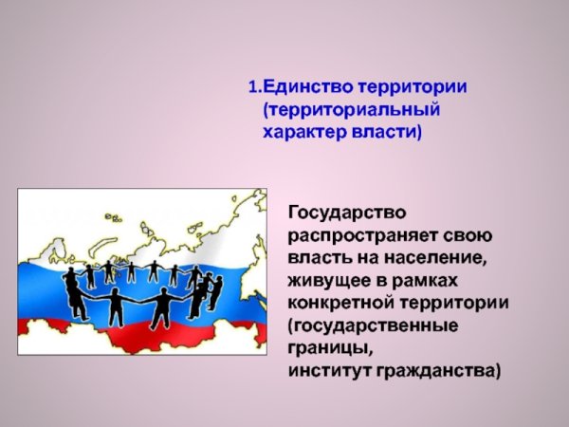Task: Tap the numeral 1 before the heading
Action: [251, 87]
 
